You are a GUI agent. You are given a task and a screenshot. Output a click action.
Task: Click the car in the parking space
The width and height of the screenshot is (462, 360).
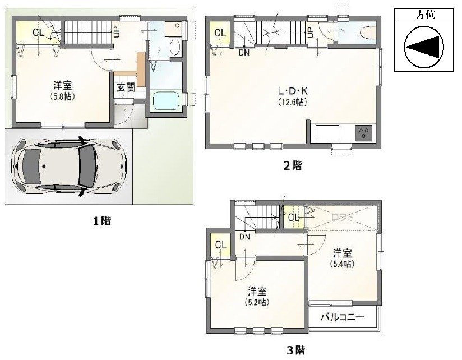pyautogui.click(x=70, y=166)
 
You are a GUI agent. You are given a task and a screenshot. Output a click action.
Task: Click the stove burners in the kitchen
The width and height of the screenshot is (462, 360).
pyautogui.click(x=364, y=134)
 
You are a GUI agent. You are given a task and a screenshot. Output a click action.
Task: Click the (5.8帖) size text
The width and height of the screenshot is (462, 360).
pyautogui.click(x=62, y=96)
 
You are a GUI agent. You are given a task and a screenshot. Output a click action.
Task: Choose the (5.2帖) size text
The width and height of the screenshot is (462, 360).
pyautogui.click(x=257, y=302)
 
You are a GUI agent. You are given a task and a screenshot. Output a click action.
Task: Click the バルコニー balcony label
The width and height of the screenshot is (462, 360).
pyautogui.click(x=343, y=317)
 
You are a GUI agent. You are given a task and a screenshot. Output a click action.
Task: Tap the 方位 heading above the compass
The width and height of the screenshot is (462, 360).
pyautogui.click(x=424, y=15)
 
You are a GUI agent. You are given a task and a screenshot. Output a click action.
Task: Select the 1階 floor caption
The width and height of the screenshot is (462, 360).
pyautogui.click(x=102, y=221)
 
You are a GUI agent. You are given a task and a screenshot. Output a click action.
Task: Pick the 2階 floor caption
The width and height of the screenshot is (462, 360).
pyautogui.click(x=293, y=165)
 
